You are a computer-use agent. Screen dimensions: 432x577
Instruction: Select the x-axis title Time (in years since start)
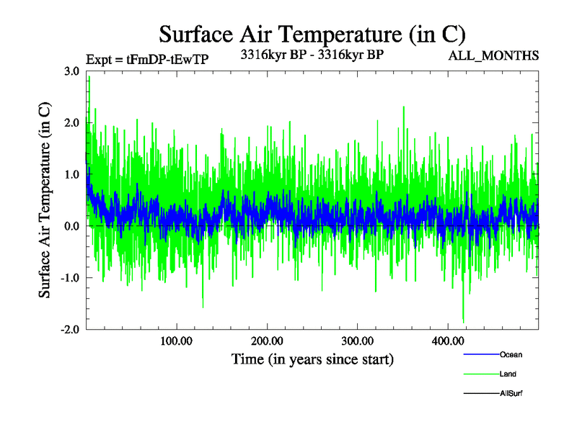(x=312, y=359)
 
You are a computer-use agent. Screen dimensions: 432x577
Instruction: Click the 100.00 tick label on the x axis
(x=176, y=341)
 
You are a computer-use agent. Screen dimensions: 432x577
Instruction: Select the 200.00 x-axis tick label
(x=267, y=341)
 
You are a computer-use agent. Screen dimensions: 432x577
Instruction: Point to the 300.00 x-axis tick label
(x=357, y=341)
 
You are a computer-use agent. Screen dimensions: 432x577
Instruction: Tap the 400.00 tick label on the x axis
(x=447, y=341)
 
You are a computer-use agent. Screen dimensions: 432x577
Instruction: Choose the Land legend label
(x=508, y=374)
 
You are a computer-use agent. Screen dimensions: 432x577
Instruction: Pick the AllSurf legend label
(x=511, y=394)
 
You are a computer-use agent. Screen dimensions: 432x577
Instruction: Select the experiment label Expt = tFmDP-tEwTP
(x=146, y=59)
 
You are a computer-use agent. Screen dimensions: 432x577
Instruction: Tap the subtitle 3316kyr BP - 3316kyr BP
(x=312, y=53)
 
